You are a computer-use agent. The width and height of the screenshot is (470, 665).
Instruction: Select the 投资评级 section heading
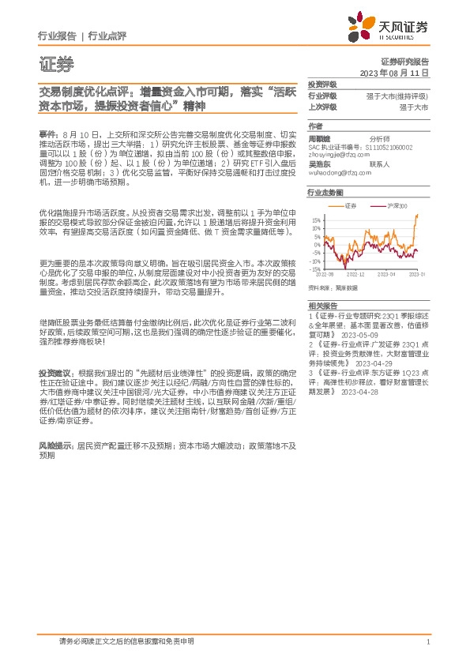322,84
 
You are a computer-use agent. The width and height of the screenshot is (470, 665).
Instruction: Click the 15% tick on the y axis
316,220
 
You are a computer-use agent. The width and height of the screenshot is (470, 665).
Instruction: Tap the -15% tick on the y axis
315,269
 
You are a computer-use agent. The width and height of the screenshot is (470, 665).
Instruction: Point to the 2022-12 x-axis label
355,273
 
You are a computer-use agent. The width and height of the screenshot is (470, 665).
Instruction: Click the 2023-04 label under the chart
385,273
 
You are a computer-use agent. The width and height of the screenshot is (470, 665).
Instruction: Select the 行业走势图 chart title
326,192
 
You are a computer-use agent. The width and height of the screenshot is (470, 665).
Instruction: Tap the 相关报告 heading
322,304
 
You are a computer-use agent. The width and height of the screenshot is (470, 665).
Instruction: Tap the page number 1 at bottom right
427,643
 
